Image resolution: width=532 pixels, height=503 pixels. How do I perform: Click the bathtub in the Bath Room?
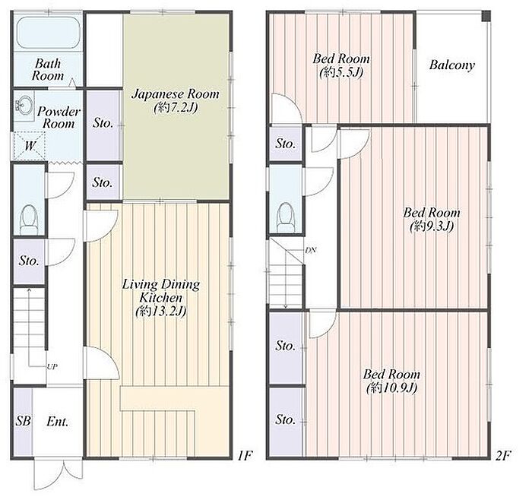coord(48,32)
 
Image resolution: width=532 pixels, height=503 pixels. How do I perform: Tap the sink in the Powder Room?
coord(24,105)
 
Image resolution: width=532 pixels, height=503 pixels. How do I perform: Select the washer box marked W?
coord(30,146)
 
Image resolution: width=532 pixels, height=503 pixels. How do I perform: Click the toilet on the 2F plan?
coord(285,217)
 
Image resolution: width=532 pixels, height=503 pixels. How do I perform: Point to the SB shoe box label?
coord(23,421)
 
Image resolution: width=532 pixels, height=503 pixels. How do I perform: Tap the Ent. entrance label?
coord(57,422)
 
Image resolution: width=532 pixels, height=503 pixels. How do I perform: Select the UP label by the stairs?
coord(52,367)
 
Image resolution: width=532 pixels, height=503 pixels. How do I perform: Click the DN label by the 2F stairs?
coord(310,251)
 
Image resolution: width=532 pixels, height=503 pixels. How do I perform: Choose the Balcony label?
coord(451,65)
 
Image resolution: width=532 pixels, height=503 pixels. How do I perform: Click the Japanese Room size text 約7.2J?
coord(176,108)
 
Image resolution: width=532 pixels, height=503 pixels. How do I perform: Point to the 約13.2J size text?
coord(161,312)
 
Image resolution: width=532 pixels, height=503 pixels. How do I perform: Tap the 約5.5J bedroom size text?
coord(341,72)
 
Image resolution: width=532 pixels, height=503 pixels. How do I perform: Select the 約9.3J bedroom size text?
coord(432,226)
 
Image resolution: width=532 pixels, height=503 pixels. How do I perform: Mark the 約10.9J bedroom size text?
coord(391,388)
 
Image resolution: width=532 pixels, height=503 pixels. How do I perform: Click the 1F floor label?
coord(245,456)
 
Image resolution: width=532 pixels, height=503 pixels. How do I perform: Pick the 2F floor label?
coord(502,456)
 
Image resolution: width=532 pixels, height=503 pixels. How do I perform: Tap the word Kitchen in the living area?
coord(161,298)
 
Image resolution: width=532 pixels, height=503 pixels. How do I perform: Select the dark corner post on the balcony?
coord(486,16)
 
